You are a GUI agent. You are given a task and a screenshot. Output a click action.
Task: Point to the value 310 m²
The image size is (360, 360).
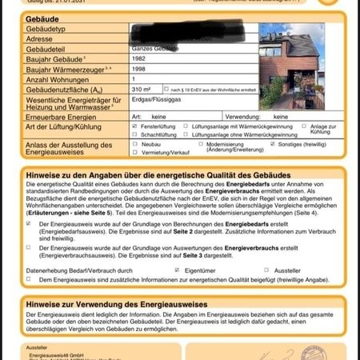pyautogui.click(x=143, y=89)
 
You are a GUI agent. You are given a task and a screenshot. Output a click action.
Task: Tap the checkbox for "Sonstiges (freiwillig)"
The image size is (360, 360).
pyautogui.click(x=273, y=145)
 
